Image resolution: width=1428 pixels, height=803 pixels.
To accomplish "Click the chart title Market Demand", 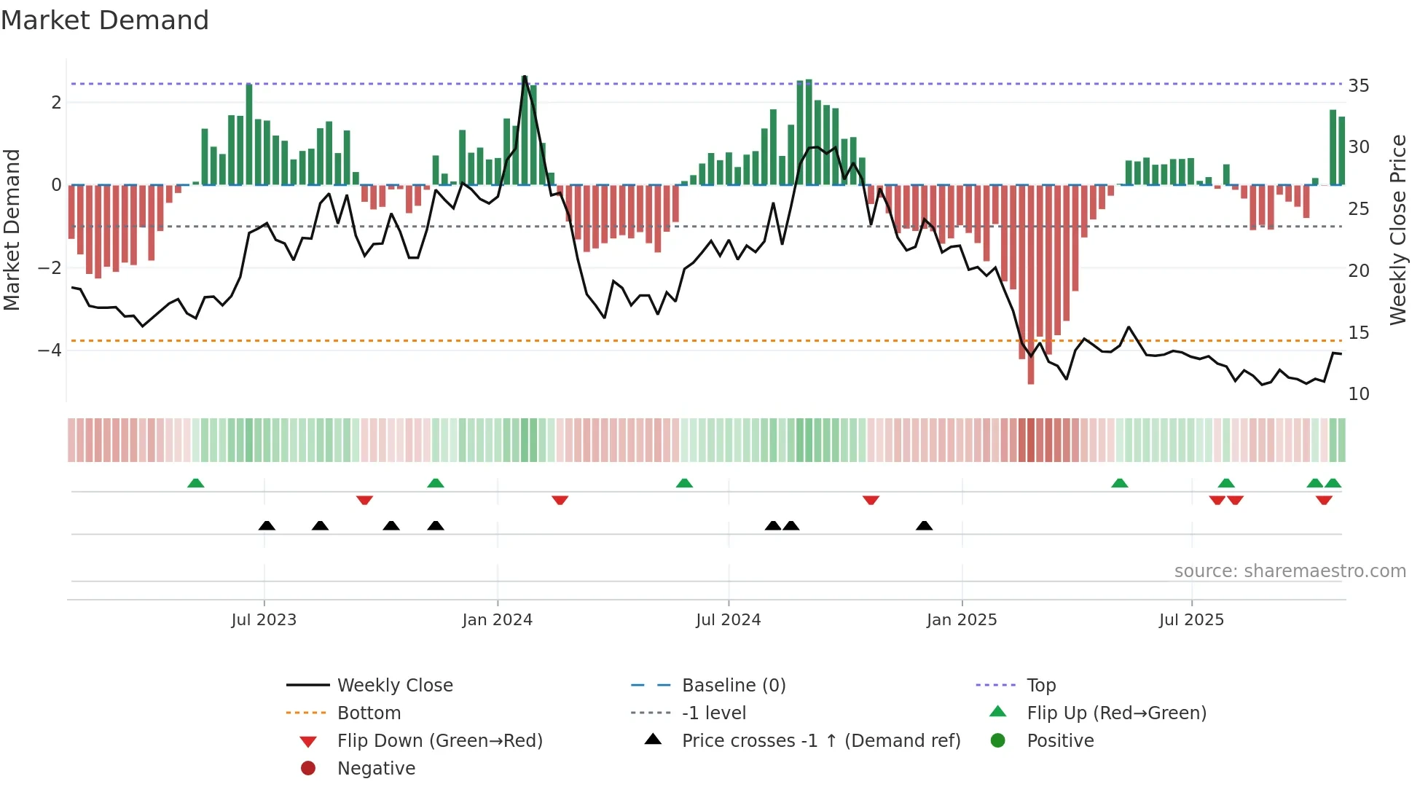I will tap(105, 20).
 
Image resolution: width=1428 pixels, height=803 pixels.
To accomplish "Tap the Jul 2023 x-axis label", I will tap(264, 619).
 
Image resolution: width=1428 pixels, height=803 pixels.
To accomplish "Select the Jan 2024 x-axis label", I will tap(498, 619).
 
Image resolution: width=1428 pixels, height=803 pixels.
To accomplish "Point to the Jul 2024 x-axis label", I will tap(728, 619).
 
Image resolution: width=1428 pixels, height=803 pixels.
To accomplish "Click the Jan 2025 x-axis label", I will tap(962, 619).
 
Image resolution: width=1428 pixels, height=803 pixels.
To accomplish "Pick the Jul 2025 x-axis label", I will tap(1191, 619).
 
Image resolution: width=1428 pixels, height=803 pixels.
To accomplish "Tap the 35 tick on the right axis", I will tap(1358, 86).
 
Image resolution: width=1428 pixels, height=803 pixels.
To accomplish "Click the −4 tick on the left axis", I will tap(50, 350).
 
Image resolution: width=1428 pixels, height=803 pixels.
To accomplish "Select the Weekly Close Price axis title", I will tap(1397, 230).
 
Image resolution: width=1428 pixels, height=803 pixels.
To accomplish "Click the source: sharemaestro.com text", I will tap(1290, 571).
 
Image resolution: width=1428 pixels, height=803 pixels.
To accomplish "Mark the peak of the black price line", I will tap(525, 77).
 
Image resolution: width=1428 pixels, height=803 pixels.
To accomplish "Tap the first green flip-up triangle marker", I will tap(195, 483).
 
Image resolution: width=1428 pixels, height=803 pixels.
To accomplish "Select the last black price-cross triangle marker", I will tap(924, 525).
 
